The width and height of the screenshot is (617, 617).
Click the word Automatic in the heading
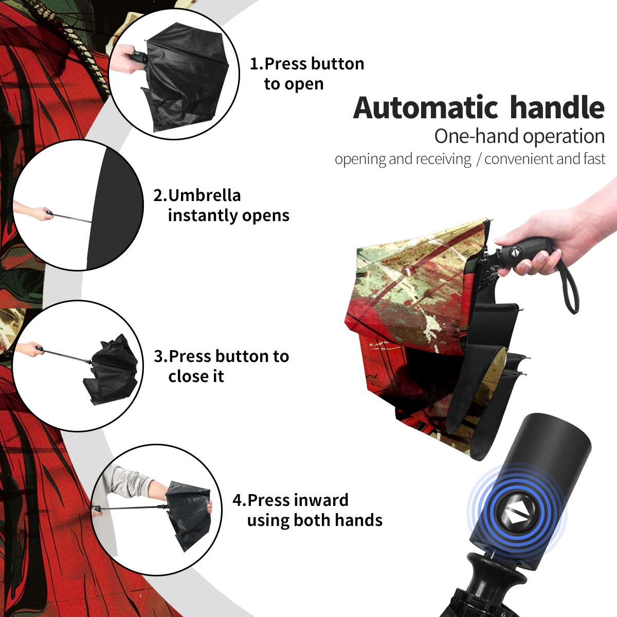coord(426,107)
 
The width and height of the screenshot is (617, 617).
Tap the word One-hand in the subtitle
coord(477,136)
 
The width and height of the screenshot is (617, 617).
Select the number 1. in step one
coord(257,64)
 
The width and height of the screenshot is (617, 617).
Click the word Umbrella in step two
coord(204,195)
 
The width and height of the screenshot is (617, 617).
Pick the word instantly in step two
coord(203,215)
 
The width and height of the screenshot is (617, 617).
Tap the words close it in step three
coord(196,376)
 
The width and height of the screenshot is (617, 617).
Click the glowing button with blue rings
coord(516,515)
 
